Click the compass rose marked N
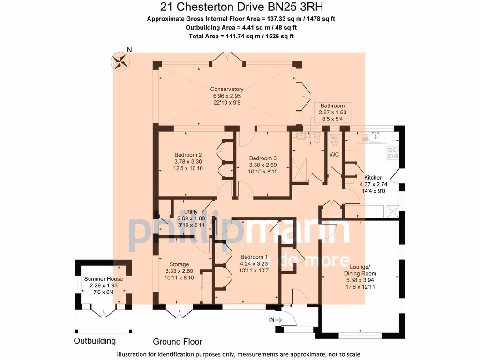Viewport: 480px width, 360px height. [x=121, y=60]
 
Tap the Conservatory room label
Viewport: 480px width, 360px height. [x=227, y=96]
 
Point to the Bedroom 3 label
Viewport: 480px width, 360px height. [x=263, y=165]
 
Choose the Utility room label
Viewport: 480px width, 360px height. [x=191, y=218]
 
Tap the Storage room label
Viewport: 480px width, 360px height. [x=177, y=271]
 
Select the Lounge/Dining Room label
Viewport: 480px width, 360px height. [x=360, y=276]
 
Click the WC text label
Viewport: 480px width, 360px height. [x=334, y=154]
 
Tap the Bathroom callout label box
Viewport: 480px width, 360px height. [x=332, y=112]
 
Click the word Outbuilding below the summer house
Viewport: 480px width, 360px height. [x=95, y=341]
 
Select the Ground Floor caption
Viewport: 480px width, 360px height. [x=177, y=341]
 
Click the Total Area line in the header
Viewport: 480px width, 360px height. [x=241, y=36]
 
